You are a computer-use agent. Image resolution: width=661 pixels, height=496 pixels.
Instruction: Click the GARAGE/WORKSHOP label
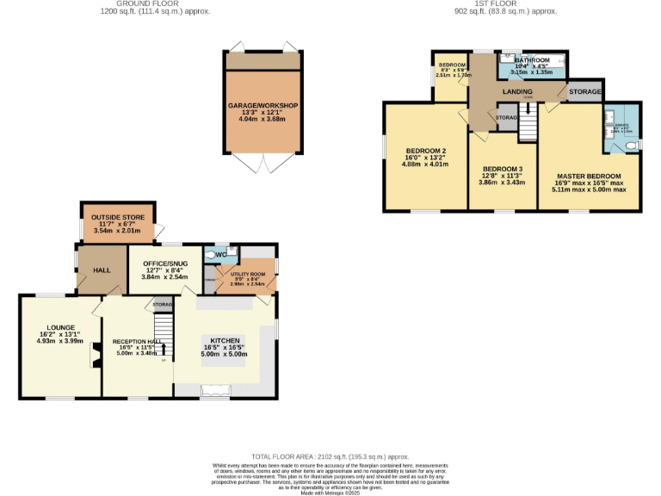coord(263,105)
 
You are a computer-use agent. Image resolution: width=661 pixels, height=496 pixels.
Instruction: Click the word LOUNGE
coord(61,327)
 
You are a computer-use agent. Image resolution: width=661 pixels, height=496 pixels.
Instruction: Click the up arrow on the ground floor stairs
coord(164,348)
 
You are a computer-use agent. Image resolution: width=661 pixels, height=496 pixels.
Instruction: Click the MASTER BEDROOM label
coord(588,176)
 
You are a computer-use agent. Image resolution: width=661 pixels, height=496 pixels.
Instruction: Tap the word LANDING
coord(516,92)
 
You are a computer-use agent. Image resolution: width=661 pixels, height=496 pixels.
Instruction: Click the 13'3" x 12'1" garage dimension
coord(263,113)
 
